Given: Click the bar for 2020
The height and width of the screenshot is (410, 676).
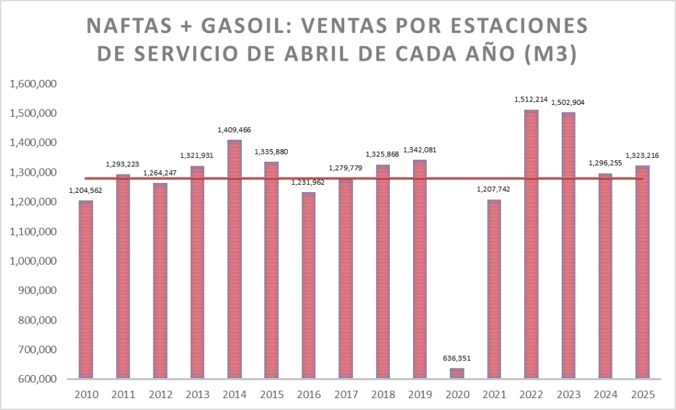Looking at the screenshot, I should pos(457,374).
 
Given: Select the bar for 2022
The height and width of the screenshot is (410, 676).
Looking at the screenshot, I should pos(531,244).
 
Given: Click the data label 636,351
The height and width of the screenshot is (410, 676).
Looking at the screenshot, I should pos(457,359).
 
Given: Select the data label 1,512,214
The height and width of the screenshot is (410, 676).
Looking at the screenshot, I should pos(531,100).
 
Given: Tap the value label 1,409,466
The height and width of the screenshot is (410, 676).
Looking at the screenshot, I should pos(235,130).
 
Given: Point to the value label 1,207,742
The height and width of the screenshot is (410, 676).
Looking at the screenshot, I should pos(494,190).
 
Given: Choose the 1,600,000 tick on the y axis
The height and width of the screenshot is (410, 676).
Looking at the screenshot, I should pos(33,84).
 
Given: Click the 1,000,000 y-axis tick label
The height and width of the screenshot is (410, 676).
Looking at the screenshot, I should pos(33,261).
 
